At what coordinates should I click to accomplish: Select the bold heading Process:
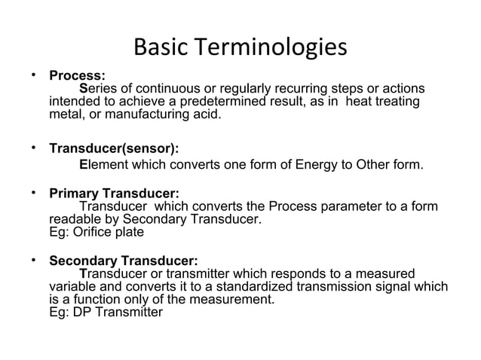tap(77, 76)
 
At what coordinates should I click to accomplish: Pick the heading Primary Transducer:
tap(114, 194)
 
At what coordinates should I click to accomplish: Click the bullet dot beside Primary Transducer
tap(34, 192)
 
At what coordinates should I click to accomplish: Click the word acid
tap(207, 114)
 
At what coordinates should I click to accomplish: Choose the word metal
tap(66, 114)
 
